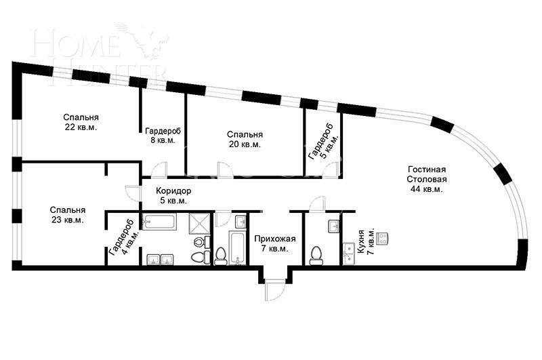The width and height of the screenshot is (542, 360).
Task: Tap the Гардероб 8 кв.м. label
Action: [x=163, y=136]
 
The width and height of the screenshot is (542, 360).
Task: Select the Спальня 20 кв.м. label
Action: [x=245, y=139]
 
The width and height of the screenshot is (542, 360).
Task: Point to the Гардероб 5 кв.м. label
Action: [x=322, y=142]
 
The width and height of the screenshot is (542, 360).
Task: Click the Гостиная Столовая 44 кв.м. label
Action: [x=427, y=179]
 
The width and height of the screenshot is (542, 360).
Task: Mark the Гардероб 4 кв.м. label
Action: [x=123, y=238]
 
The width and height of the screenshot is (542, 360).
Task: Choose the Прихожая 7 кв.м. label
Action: [x=275, y=243]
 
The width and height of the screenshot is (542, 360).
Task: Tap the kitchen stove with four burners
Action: [x=383, y=238]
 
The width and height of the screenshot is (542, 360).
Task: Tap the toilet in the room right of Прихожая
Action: [x=315, y=255]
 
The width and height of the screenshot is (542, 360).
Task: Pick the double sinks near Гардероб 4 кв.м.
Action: [x=160, y=259]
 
